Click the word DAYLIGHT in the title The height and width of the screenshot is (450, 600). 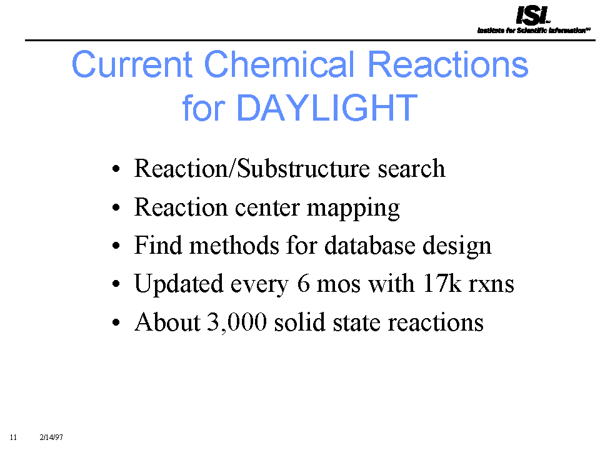click(x=327, y=108)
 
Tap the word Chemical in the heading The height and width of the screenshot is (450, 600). click(x=280, y=64)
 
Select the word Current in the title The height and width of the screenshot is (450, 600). click(x=132, y=64)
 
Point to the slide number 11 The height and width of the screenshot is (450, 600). click(x=13, y=437)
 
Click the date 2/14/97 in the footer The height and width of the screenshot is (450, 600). click(x=51, y=437)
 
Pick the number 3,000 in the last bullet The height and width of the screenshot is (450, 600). click(x=236, y=322)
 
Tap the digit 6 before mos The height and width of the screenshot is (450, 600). click(x=303, y=284)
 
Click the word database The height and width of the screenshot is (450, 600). click(x=369, y=245)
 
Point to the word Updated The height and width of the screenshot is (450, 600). click(x=179, y=284)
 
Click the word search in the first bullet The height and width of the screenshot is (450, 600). click(x=411, y=169)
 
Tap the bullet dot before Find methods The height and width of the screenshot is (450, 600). click(x=116, y=246)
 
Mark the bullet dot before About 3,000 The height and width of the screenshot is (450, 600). click(x=116, y=322)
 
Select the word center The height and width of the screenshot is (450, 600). click(x=267, y=208)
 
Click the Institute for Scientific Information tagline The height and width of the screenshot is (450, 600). click(x=533, y=30)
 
